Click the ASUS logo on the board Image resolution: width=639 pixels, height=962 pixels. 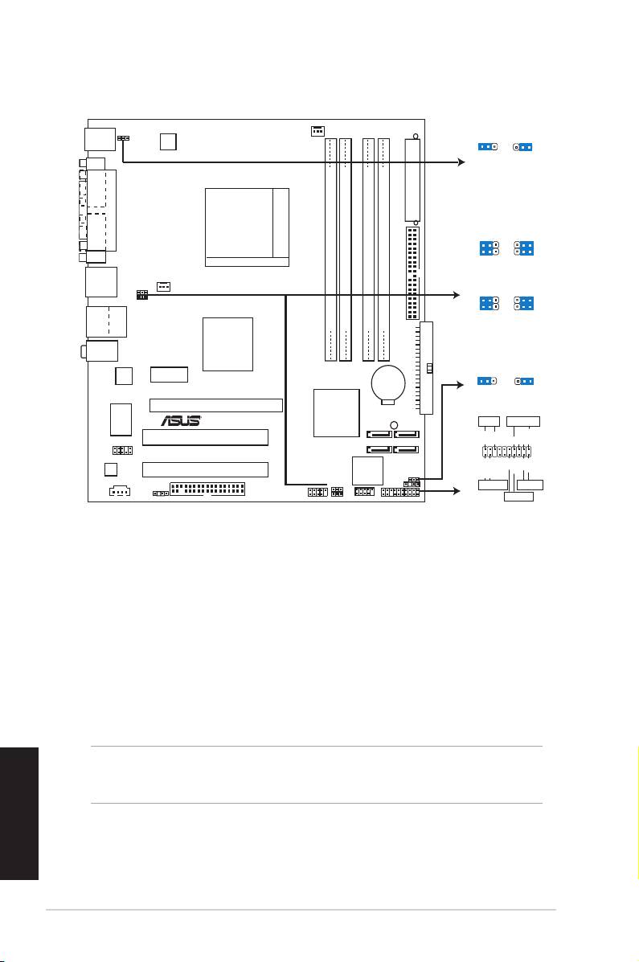tap(181, 420)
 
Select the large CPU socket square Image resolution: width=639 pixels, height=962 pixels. tap(247, 227)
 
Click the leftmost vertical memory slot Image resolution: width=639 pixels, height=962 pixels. tap(331, 249)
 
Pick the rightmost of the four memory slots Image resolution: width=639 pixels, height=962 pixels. tap(383, 249)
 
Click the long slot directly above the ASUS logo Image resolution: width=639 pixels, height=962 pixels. tap(216, 405)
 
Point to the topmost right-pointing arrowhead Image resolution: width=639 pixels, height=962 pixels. tap(461, 162)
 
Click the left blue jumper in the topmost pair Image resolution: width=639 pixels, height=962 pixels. tap(487, 147)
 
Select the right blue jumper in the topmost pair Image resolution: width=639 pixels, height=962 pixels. tap(523, 147)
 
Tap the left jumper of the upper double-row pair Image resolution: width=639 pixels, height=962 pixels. tap(489, 248)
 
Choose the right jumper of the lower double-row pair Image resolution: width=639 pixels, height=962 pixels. tap(524, 303)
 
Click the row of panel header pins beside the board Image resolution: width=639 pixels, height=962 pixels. tap(506, 452)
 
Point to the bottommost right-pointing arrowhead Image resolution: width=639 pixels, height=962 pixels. tap(456, 491)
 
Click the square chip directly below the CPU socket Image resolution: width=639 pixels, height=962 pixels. tap(227, 344)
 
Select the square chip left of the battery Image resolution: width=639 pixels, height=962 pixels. tap(337, 413)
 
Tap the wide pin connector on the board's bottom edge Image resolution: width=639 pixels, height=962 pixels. tap(207, 489)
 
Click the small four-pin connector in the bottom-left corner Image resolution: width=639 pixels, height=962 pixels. tap(121, 491)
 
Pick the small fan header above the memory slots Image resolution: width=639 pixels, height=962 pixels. tap(317, 131)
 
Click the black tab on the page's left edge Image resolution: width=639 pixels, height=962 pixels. tap(19, 813)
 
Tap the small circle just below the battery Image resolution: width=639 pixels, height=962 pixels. tap(394, 424)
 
